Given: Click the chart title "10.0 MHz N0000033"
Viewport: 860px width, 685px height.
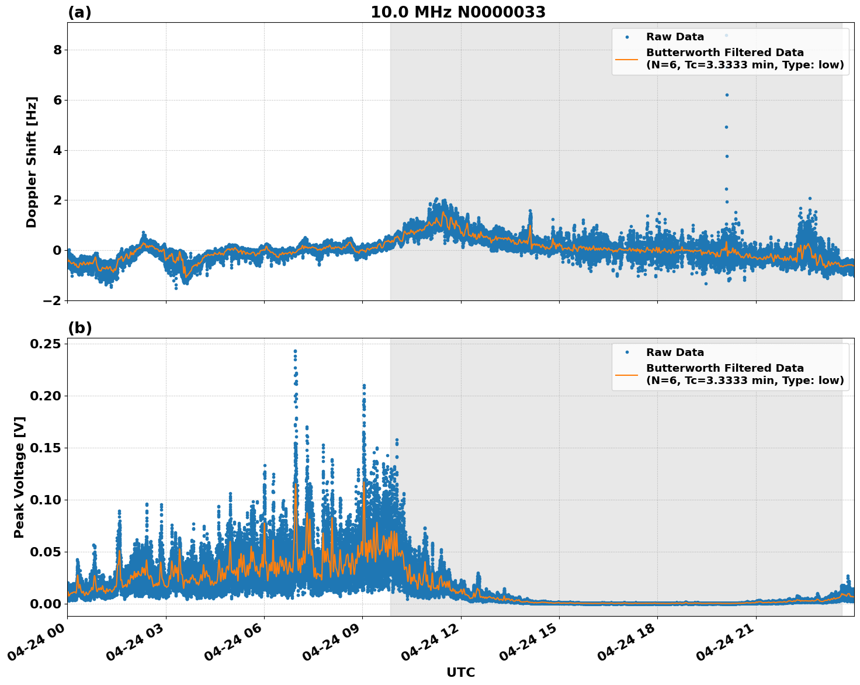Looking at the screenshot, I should coord(458,12).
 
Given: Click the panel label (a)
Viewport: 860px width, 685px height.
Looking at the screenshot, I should coord(79,12).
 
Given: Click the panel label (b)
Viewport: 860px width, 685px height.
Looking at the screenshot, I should coord(79,328).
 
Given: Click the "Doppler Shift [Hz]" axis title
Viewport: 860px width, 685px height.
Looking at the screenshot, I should coord(32,162).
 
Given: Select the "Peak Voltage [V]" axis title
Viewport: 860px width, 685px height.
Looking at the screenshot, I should coord(19,477).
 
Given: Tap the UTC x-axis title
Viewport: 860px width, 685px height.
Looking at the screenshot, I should coord(460,672).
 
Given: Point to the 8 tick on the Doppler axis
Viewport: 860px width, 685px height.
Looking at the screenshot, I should coord(57,50).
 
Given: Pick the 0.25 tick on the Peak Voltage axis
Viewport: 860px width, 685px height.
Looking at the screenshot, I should coord(46,344).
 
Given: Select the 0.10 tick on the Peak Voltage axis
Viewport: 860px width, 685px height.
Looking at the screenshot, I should coord(46,500).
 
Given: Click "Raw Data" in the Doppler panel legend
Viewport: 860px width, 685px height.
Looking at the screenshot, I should coord(675,37).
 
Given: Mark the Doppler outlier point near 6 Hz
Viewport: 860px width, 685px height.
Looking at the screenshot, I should coord(727,95).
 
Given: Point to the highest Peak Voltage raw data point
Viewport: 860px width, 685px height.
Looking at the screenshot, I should coord(295,351).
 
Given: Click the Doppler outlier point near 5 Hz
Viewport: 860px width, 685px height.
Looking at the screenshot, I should coord(726,127).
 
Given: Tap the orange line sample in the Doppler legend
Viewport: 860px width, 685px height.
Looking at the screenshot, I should coord(627,58).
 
